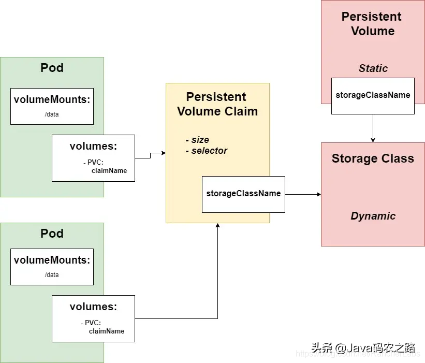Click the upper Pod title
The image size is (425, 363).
52,68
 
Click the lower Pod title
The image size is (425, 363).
52,234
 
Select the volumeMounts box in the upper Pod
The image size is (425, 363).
52,106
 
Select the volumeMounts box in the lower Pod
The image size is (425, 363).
52,267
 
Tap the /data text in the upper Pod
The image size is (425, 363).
52,114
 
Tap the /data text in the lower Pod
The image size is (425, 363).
52,275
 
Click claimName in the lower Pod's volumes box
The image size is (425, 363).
106,331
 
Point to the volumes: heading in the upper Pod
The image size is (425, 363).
93,147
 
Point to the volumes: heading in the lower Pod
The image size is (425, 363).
93,307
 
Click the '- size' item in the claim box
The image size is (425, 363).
197,140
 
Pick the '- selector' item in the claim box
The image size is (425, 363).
206,151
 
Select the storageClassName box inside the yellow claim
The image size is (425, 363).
243,194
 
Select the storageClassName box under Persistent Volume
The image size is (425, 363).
373,96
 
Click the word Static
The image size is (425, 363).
373,68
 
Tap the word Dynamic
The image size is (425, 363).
373,216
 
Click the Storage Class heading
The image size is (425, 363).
373,158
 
